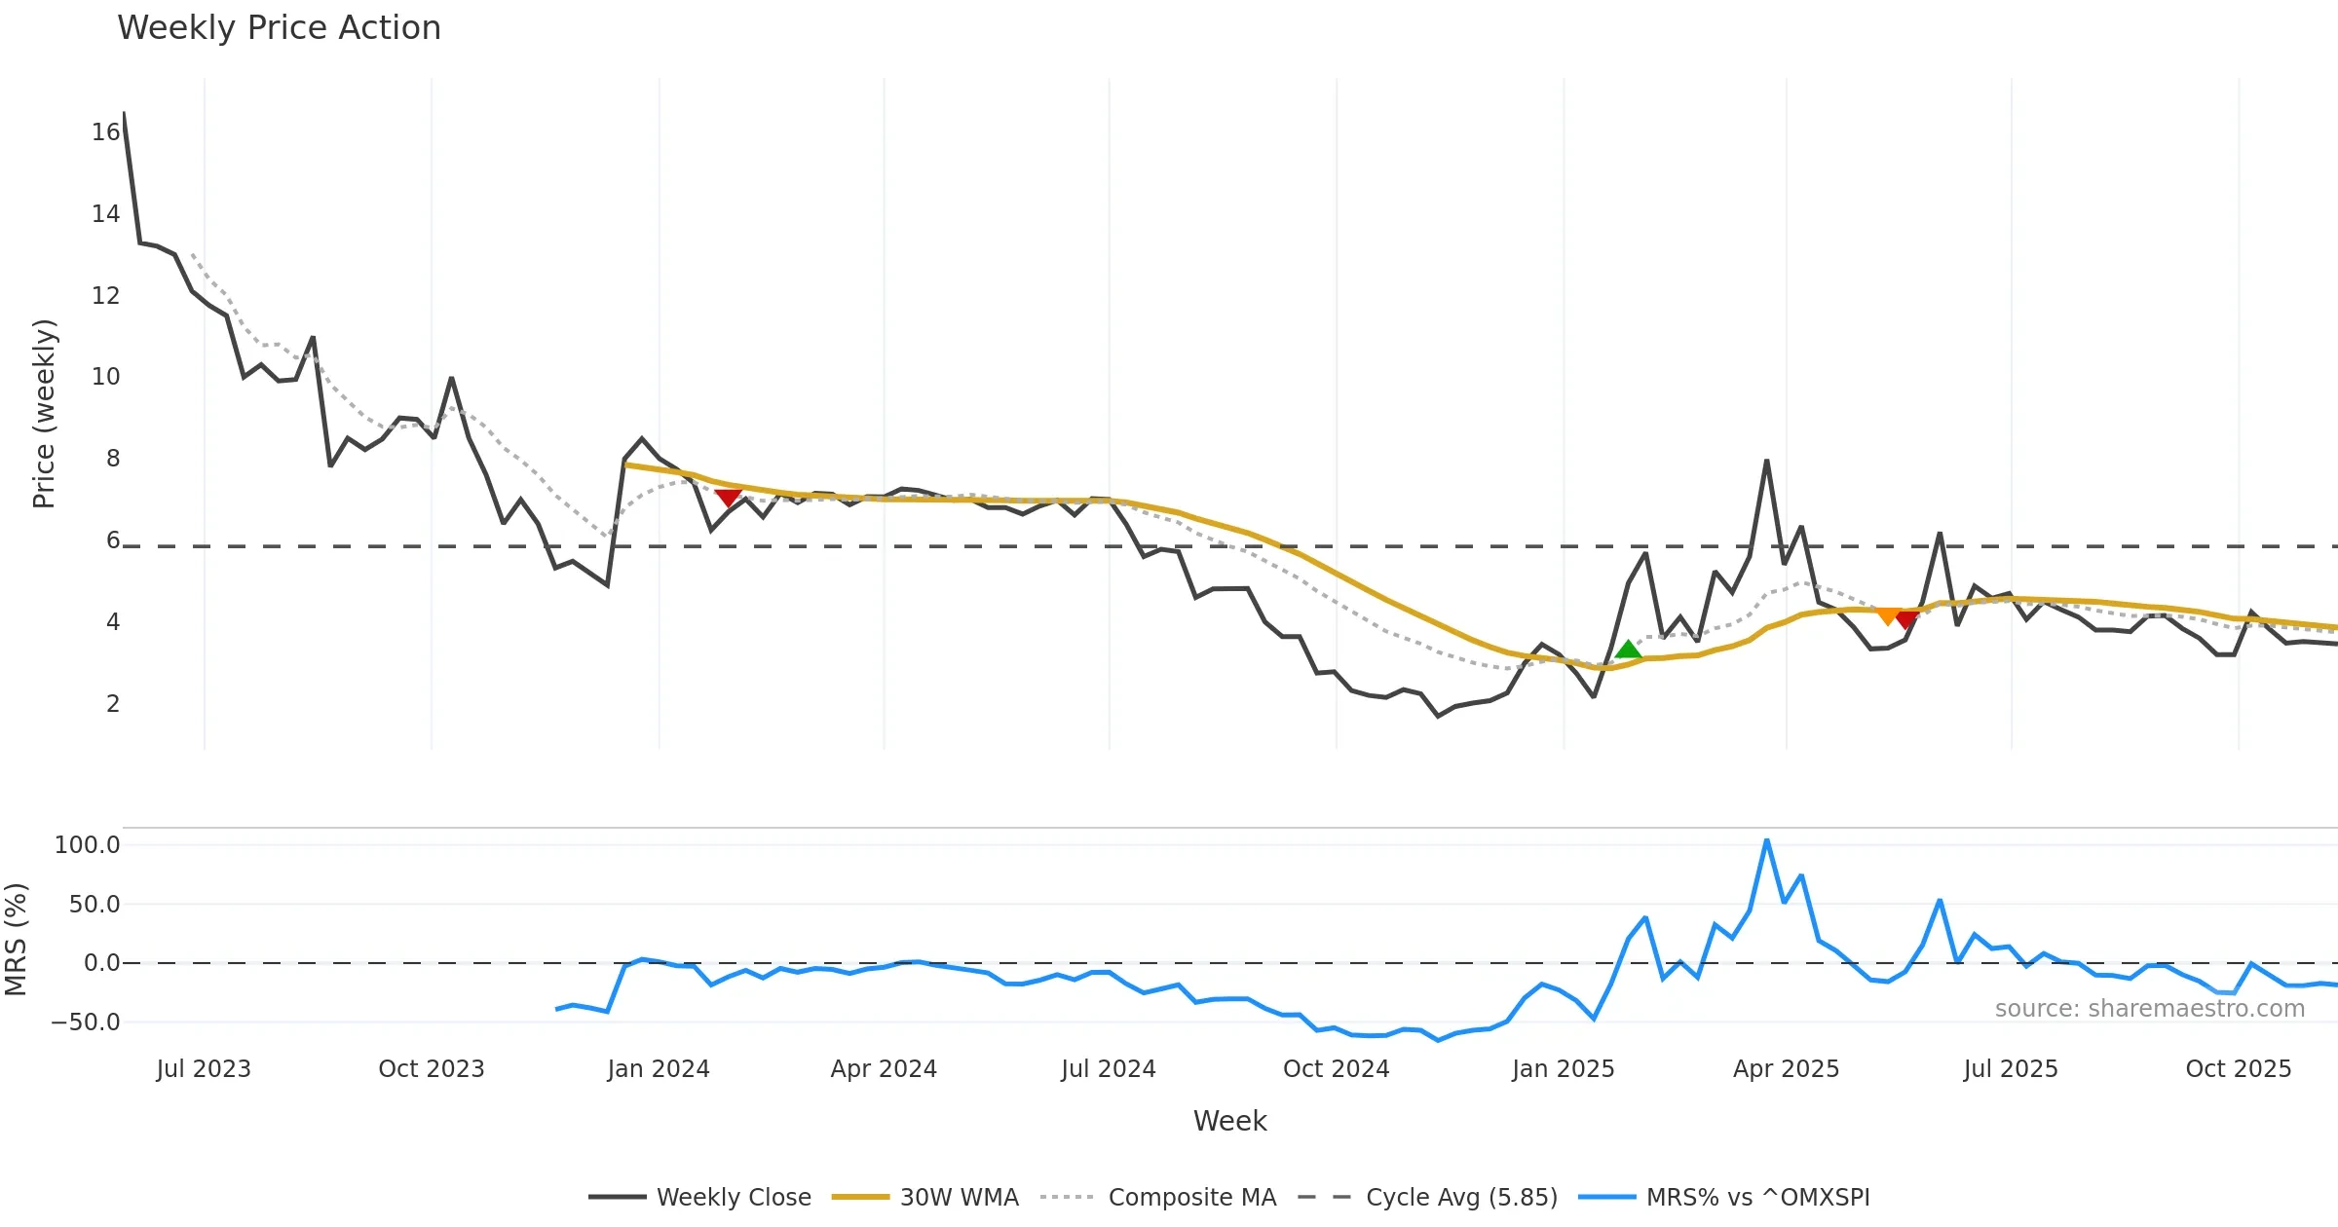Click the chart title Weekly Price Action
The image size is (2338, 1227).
[x=279, y=28]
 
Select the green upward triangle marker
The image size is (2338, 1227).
[x=1628, y=650]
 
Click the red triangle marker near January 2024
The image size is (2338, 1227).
[x=728, y=498]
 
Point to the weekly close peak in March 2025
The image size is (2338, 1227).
[x=1766, y=462]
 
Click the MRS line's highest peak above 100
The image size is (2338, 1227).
[x=1766, y=840]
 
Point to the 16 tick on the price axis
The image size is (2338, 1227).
[x=105, y=131]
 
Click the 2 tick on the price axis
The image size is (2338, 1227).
[x=113, y=703]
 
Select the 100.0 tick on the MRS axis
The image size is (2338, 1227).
[x=88, y=844]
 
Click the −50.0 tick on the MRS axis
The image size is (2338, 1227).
[x=86, y=1022]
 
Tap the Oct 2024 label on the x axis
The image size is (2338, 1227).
[x=1336, y=1068]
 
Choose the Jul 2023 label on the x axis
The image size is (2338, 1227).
[x=204, y=1068]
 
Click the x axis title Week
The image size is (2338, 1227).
[x=1229, y=1121]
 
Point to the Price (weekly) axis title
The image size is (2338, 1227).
[x=45, y=414]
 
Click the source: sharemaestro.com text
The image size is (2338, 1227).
[x=2149, y=1008]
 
